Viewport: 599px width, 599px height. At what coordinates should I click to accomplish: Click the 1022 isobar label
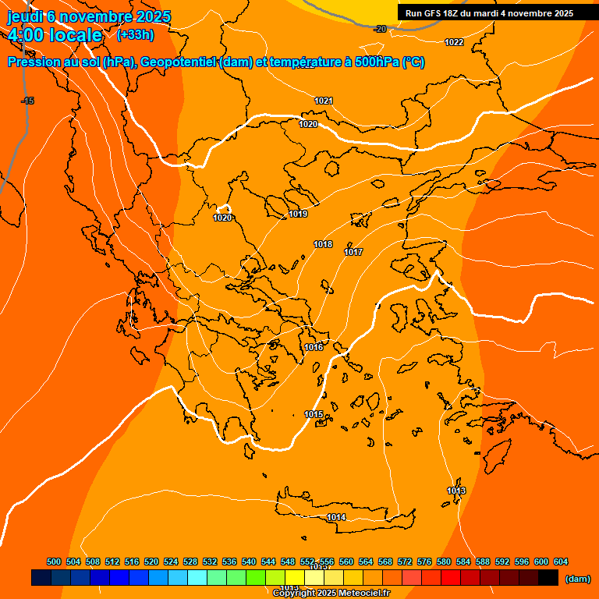[x=454, y=42]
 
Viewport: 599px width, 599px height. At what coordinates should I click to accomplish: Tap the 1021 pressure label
[x=324, y=101]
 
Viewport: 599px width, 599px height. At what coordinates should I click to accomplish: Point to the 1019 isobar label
[x=298, y=214]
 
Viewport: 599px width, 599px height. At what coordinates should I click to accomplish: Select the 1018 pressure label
[x=323, y=244]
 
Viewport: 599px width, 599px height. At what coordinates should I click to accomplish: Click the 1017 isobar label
[x=353, y=252]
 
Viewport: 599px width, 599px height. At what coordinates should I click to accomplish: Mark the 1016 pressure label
[x=314, y=347]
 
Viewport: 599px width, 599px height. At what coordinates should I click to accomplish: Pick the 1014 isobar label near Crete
[x=336, y=517]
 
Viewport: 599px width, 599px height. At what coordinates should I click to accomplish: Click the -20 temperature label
[x=380, y=29]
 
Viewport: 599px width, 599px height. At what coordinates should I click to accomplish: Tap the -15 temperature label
[x=28, y=101]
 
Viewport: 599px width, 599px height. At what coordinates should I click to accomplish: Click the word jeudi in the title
[x=24, y=17]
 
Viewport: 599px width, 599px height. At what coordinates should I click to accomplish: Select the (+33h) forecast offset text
[x=135, y=35]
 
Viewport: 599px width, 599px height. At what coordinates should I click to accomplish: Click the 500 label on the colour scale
[x=54, y=562]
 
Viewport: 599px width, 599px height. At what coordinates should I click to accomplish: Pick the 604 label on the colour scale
[x=561, y=562]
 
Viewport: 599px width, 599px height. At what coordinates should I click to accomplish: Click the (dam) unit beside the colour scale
[x=577, y=579]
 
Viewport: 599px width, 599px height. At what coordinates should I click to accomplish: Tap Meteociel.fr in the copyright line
[x=360, y=593]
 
